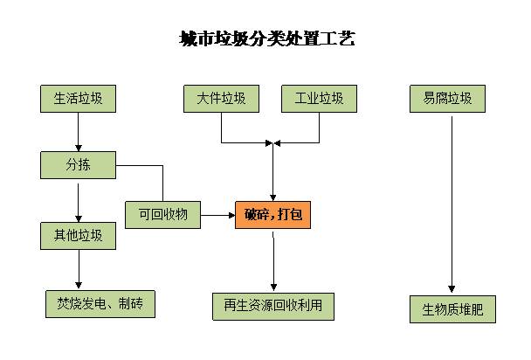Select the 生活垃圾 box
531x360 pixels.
78,99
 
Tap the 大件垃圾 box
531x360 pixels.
221,99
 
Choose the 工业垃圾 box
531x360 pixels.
319,99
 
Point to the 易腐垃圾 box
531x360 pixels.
447,99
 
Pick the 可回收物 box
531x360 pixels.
162,214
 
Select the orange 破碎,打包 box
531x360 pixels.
272,215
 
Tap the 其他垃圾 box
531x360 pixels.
78,235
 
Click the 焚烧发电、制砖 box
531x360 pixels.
100,304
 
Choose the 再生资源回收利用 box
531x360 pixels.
272,306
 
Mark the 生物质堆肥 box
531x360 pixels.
452,309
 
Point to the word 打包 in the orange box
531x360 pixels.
290,215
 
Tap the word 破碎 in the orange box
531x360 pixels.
257,215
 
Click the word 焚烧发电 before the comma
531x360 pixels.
83,304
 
